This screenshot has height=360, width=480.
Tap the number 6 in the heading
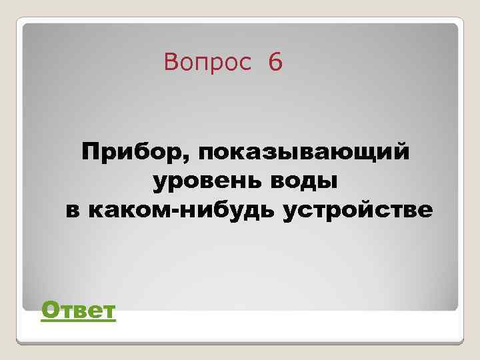275,63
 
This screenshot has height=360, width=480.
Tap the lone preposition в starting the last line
73,211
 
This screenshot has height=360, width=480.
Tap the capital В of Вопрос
171,63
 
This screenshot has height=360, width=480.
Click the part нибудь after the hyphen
226,211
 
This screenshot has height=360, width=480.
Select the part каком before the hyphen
129,211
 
